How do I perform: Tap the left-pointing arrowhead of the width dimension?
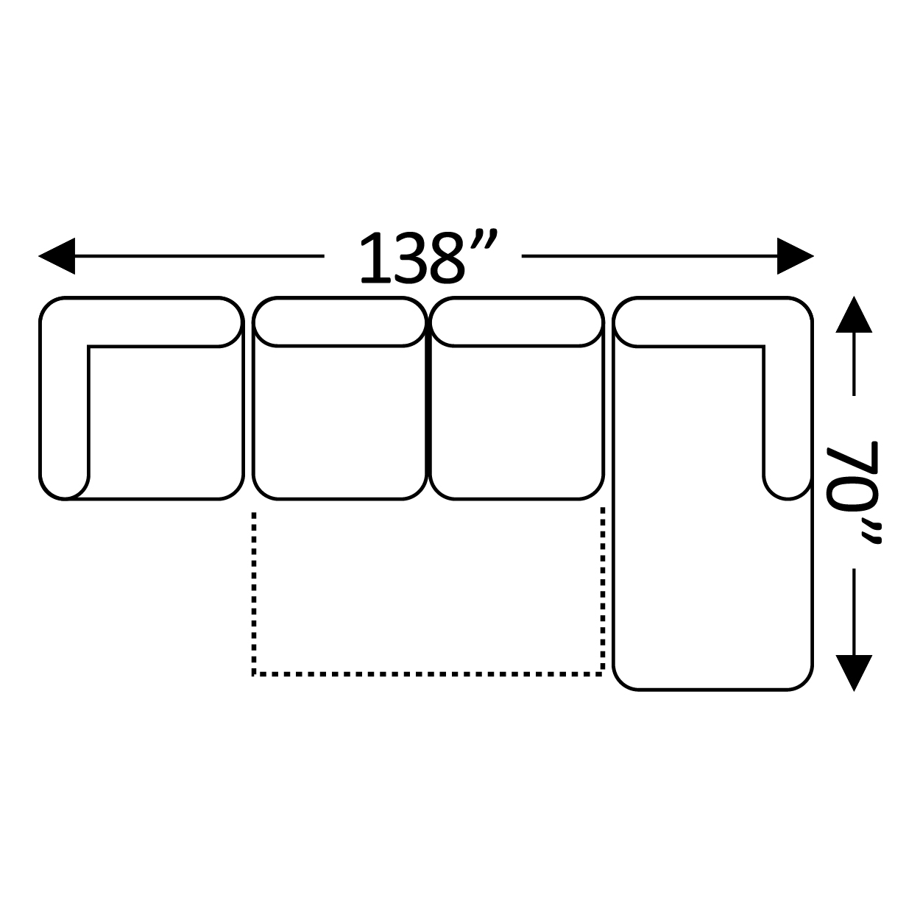coord(57,256)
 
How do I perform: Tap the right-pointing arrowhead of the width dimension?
coord(796,256)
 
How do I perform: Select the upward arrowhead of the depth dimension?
coord(854,314)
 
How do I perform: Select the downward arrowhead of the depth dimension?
coord(854,673)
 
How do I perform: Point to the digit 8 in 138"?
coord(447,258)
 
